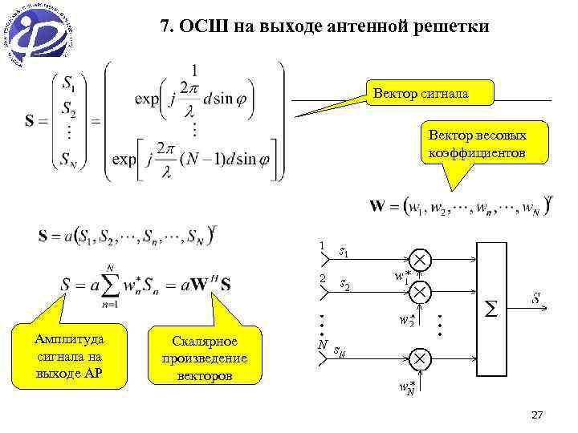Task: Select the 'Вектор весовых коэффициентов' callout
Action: pos(477,143)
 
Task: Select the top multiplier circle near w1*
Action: pos(421,261)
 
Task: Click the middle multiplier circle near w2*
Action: pos(421,291)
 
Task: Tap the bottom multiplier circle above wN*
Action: pos(421,357)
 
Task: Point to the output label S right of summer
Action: pos(536,300)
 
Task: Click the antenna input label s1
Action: pos(344,253)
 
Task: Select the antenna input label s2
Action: pos(344,284)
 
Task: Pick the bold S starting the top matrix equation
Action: pos(30,122)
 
